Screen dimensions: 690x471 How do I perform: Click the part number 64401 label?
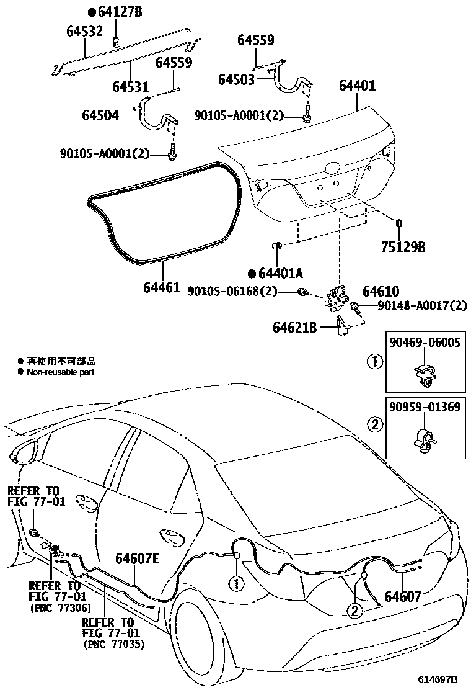(357, 85)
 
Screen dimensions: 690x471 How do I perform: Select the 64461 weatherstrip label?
(161, 287)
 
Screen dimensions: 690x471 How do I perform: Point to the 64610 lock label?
(381, 292)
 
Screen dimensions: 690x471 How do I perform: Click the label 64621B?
(294, 327)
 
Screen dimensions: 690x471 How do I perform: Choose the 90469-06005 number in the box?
(425, 343)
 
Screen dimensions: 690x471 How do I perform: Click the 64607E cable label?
(137, 560)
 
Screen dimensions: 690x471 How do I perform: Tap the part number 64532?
(84, 30)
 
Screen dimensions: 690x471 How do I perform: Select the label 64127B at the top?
(118, 11)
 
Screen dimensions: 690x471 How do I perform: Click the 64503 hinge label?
(237, 79)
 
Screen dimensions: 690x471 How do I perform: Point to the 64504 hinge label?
(100, 115)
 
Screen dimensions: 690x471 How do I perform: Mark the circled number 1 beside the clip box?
(374, 361)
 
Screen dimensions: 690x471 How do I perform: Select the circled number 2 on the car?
(354, 611)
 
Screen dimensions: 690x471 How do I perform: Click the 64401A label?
(279, 273)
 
